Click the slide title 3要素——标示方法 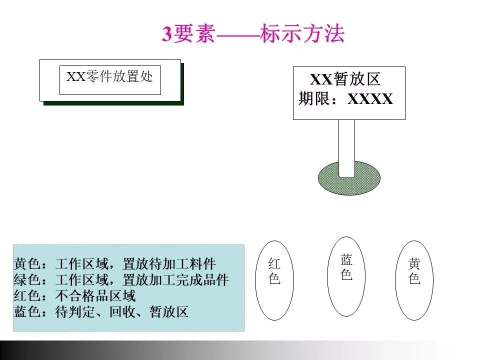coord(253,34)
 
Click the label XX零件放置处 coord(110,77)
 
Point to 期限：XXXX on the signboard coord(345,99)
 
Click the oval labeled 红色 coord(274,280)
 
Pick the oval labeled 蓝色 coord(346,276)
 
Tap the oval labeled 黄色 coord(414,280)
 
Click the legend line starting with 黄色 coord(115,264)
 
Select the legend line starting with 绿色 coord(121,280)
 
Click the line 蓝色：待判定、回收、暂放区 coord(101,312)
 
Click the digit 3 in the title coord(166,34)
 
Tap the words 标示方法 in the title coord(302,34)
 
